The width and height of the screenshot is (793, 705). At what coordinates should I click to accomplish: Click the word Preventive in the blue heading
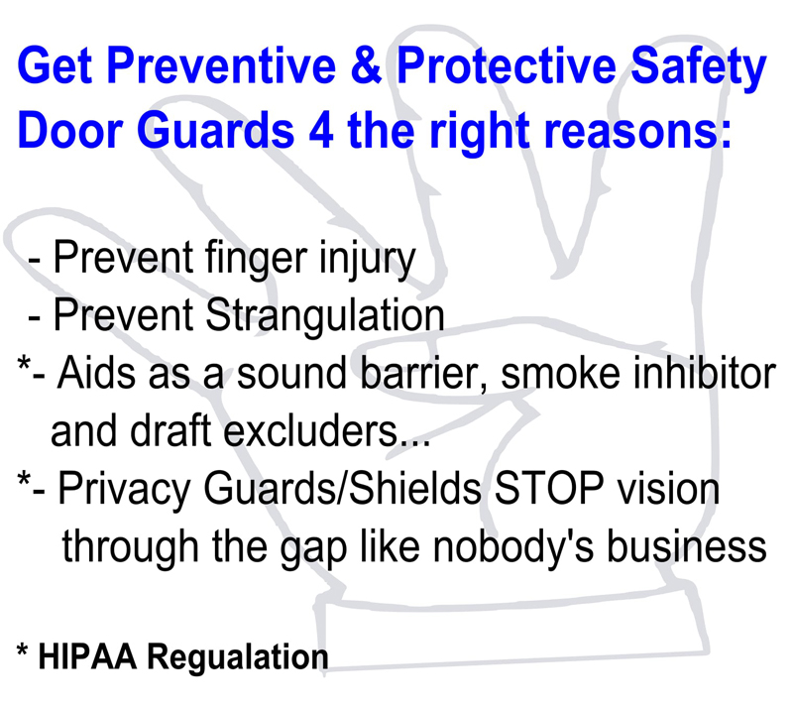tap(221, 65)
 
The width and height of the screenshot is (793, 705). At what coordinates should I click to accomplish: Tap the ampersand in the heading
tap(366, 65)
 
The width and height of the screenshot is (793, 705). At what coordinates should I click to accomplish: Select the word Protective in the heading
tap(507, 65)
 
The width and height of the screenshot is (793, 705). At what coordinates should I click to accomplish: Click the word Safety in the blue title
tap(699, 69)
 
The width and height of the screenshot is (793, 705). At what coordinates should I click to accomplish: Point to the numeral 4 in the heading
tap(320, 131)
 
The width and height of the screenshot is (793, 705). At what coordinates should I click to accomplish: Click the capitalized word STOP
tap(549, 488)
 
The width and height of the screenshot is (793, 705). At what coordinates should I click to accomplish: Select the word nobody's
tap(513, 548)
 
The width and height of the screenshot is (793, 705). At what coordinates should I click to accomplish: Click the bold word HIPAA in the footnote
tap(87, 656)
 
